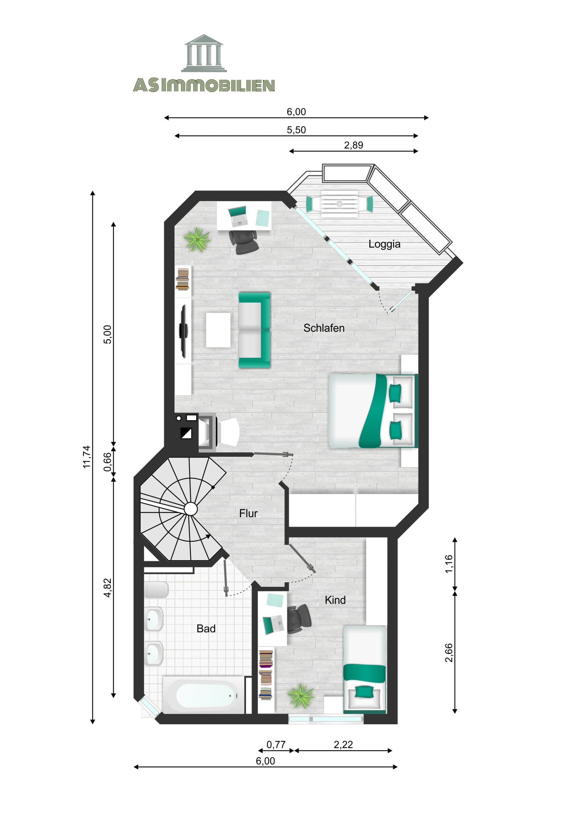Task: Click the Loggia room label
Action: coord(384,244)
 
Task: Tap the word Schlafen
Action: coord(324,328)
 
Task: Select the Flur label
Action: coord(248,514)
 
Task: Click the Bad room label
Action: coord(206,629)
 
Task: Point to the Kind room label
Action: coord(335,600)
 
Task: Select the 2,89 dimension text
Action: coord(353,145)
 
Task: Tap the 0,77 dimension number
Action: coord(275,745)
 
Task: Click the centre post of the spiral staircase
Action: coord(191,509)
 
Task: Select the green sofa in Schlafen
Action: coord(254,330)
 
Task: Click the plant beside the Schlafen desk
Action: coord(196,239)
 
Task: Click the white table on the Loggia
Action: coord(339,204)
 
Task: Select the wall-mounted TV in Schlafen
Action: coord(183,331)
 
